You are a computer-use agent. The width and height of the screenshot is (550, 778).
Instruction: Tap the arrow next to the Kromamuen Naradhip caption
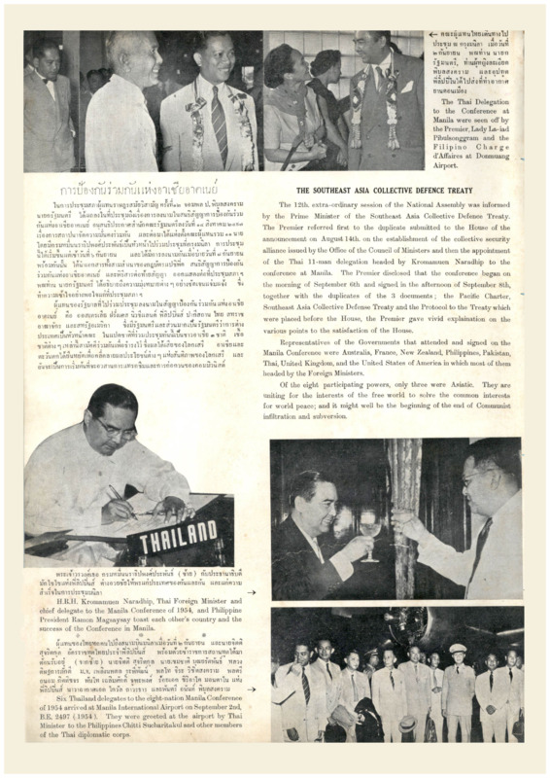(252, 591)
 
